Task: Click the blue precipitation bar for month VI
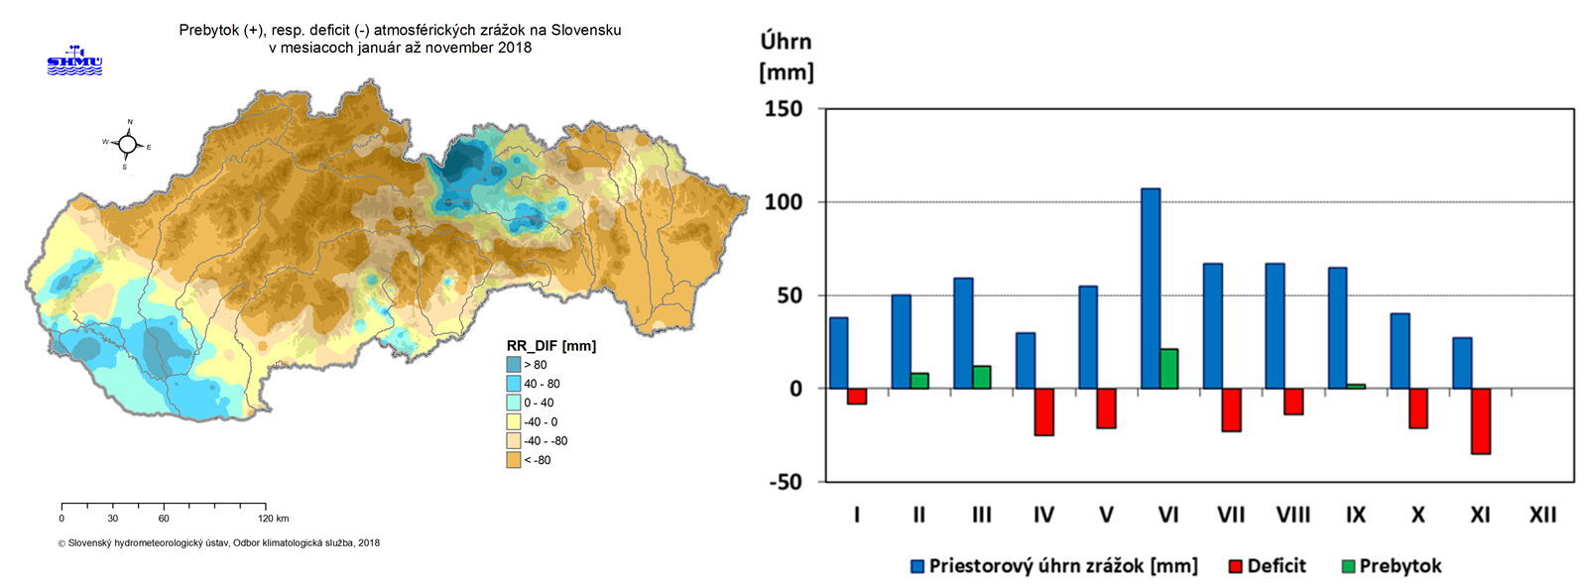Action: (1151, 288)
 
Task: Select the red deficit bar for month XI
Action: (1481, 421)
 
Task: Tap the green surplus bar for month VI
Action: (1169, 369)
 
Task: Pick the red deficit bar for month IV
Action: (1044, 411)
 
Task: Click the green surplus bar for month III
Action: (982, 377)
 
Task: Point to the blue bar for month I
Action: (838, 353)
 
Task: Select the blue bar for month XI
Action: (1462, 363)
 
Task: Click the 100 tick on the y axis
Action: (784, 202)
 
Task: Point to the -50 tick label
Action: (784, 482)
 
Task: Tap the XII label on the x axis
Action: (1542, 515)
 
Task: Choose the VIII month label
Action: (1293, 515)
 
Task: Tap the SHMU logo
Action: (75, 60)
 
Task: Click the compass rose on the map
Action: (127, 145)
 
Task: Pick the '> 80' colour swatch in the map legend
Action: (514, 365)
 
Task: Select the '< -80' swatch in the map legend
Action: (514, 460)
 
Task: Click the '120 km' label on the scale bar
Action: (273, 519)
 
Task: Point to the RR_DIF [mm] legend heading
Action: (551, 346)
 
